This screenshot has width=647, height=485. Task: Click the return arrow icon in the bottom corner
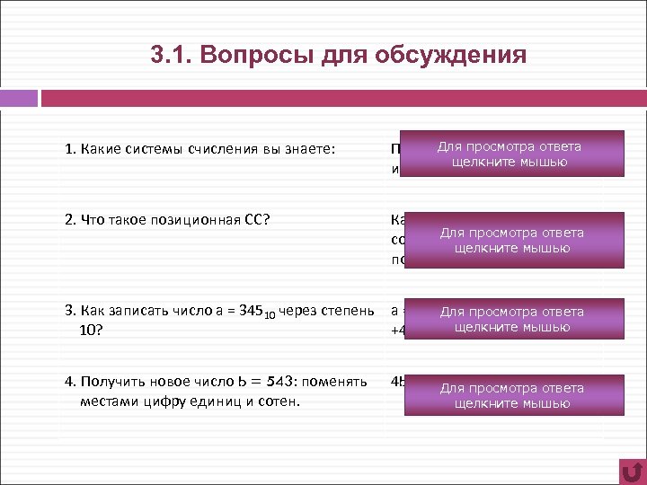point(633,471)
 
